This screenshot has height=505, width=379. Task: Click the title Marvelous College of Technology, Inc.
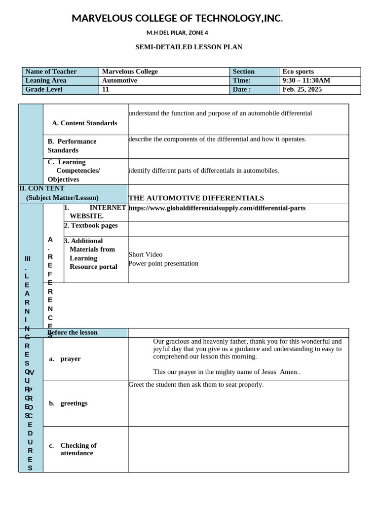[177, 19]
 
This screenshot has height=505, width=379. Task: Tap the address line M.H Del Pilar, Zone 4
[177, 33]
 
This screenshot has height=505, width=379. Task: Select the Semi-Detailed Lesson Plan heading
[189, 47]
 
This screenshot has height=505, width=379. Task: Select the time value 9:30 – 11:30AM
[306, 80]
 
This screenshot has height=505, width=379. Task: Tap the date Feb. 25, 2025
[302, 89]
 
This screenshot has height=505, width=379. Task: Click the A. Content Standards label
[84, 123]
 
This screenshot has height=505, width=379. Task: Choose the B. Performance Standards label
[72, 145]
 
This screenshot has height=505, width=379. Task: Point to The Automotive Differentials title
[196, 198]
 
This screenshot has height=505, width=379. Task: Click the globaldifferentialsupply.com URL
[217, 208]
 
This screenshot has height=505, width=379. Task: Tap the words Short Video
[145, 254]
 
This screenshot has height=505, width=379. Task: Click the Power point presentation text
[163, 263]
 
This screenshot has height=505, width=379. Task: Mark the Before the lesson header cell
[73, 332]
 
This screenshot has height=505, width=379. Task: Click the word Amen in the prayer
[289, 372]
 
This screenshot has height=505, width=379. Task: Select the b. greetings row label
[69, 403]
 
